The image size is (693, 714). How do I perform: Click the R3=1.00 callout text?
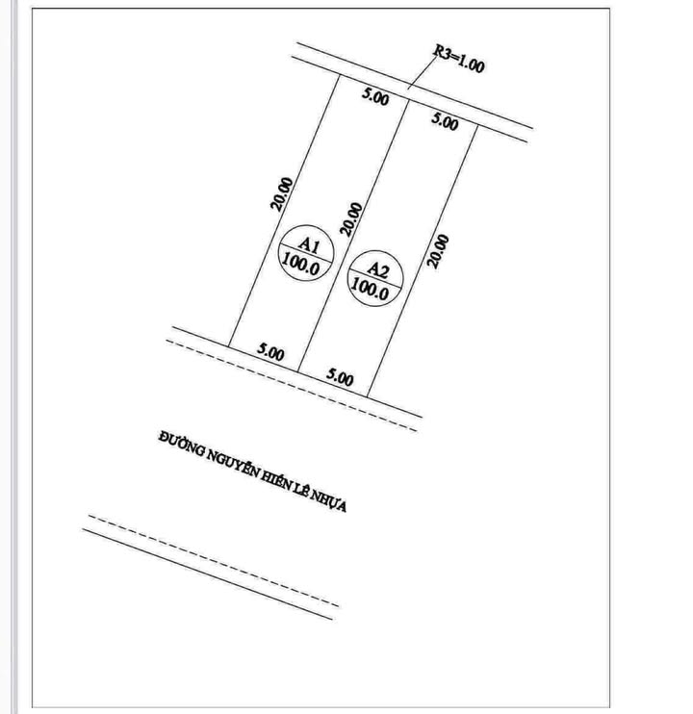pyautogui.click(x=458, y=59)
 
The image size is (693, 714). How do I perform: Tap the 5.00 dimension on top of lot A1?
pyautogui.click(x=375, y=97)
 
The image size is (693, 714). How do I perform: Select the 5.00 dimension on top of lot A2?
pyautogui.click(x=445, y=121)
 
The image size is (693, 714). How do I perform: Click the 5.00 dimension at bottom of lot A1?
pyautogui.click(x=270, y=352)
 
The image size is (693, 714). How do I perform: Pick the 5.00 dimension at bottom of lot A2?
pyautogui.click(x=340, y=377)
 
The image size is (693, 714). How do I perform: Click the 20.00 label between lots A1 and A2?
pyautogui.click(x=351, y=219)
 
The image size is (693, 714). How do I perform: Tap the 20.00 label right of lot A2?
pyautogui.click(x=438, y=251)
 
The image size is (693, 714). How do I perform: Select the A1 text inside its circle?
pyautogui.click(x=309, y=245)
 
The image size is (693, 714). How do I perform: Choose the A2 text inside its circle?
pyautogui.click(x=378, y=270)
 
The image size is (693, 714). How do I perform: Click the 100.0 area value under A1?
pyautogui.click(x=301, y=265)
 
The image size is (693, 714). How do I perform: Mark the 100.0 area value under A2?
pyautogui.click(x=371, y=290)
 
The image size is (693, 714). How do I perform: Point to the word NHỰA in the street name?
pyautogui.click(x=328, y=500)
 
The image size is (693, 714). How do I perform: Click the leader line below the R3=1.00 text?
pyautogui.click(x=423, y=70)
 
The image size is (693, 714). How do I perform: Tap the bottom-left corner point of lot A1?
pyautogui.click(x=228, y=346)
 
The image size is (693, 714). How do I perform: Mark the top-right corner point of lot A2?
pyautogui.click(x=477, y=125)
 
